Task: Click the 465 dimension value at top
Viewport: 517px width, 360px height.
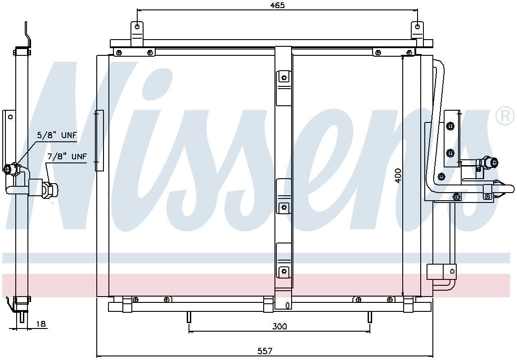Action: pos(278,5)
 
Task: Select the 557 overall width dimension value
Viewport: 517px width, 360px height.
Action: pos(265,351)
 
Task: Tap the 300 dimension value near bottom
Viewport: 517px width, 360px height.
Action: pos(279,326)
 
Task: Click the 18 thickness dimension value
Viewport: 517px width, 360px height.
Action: pos(41,324)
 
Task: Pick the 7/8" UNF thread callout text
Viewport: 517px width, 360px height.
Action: pos(67,156)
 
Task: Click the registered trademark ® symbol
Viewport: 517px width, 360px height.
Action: pos(505,116)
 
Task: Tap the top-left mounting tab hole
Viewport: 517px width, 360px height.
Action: pos(137,27)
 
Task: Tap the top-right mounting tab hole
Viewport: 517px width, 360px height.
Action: pos(417,27)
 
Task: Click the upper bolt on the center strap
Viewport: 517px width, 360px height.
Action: pos(284,78)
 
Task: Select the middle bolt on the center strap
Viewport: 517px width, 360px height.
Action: pos(283,207)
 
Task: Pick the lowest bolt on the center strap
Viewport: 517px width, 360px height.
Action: pos(283,271)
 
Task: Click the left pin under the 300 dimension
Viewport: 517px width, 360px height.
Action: pos(189,317)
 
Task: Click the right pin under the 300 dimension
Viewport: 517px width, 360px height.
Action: pos(369,317)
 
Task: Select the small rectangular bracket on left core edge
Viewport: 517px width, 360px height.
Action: pos(99,140)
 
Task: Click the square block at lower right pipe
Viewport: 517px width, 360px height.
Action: pos(435,271)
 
